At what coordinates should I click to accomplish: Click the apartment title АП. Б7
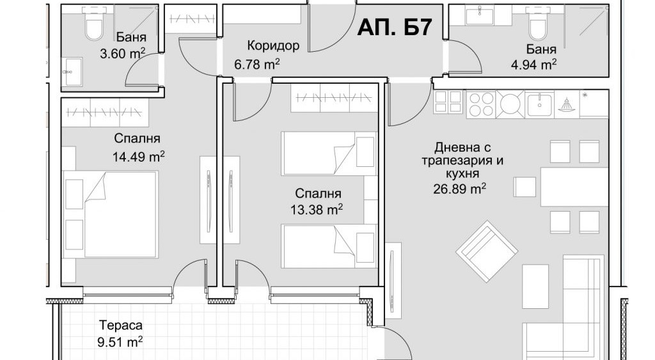394,27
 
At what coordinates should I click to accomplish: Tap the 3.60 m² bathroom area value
122,54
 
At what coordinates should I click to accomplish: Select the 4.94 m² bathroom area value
533,65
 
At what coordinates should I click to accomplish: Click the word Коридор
273,45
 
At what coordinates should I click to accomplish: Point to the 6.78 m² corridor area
256,65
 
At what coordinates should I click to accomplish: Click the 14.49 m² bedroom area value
138,157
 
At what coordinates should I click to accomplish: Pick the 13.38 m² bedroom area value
317,209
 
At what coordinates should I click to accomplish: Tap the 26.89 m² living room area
459,189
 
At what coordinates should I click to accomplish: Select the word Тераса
121,325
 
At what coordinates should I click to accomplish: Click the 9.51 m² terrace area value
120,343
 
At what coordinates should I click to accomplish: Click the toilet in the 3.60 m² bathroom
93,24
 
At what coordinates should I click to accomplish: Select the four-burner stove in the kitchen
481,104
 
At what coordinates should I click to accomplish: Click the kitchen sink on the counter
539,104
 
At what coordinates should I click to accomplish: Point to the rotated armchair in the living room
487,251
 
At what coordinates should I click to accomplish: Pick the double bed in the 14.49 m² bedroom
111,214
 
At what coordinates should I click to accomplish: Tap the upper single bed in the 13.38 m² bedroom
329,153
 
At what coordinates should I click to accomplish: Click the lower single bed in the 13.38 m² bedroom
329,246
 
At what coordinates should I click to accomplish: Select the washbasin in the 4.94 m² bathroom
478,16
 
